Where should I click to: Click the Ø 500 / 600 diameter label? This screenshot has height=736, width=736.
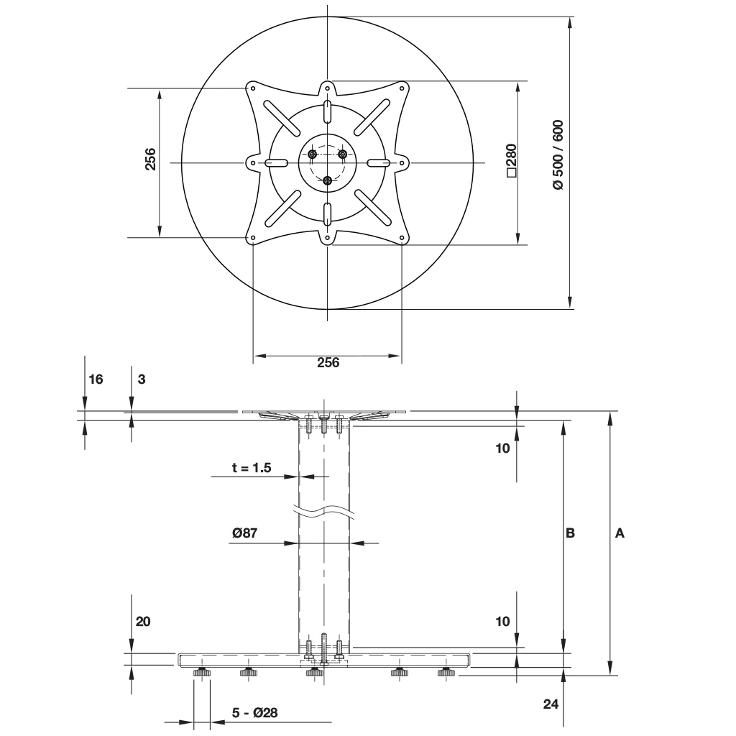click(x=558, y=154)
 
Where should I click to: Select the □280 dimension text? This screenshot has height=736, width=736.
click(x=511, y=160)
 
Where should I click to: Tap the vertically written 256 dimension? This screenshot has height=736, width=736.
click(x=150, y=160)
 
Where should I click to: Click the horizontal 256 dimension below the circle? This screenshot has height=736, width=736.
click(x=328, y=362)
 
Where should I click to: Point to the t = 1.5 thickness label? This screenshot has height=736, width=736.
click(x=252, y=468)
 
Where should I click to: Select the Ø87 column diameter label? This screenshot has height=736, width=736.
click(x=245, y=533)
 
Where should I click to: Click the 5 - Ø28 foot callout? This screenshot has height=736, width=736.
click(x=254, y=713)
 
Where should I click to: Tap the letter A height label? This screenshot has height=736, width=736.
click(x=620, y=533)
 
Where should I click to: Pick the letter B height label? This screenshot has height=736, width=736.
click(x=570, y=533)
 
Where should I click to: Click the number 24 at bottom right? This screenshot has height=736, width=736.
click(x=551, y=704)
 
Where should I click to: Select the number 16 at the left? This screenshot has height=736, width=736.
click(x=95, y=379)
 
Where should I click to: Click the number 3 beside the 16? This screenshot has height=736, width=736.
click(x=142, y=379)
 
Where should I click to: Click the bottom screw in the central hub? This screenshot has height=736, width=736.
click(x=328, y=180)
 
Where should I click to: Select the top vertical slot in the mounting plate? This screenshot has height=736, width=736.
click(x=328, y=112)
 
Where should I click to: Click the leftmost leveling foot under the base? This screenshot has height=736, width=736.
click(x=201, y=672)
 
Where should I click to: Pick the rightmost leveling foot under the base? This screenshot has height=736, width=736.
click(x=446, y=672)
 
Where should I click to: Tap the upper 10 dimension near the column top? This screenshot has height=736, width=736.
click(x=502, y=448)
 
